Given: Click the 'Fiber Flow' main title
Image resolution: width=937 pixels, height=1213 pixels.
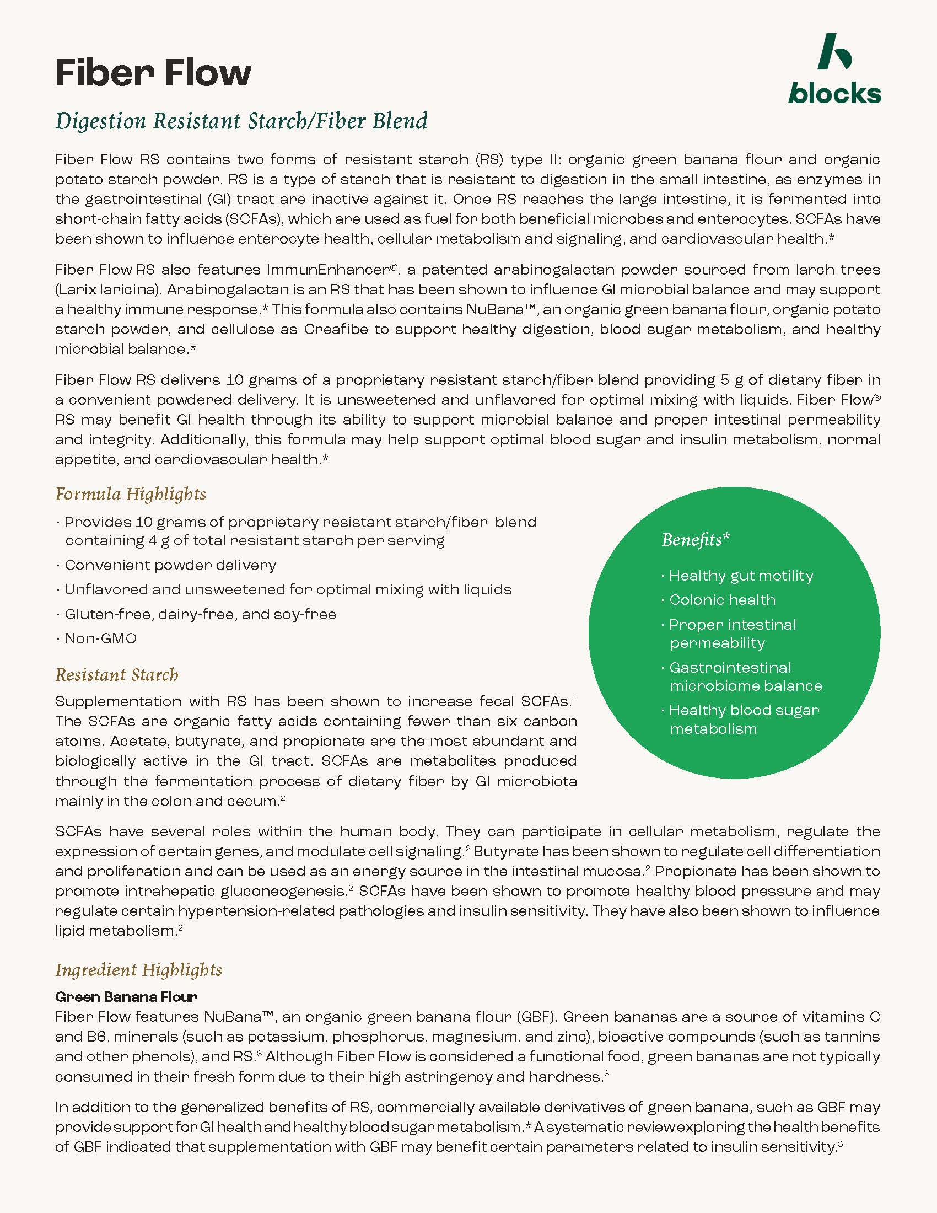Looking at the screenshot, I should tap(153, 73).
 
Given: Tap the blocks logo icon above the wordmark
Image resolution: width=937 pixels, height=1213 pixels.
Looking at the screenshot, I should tap(834, 51).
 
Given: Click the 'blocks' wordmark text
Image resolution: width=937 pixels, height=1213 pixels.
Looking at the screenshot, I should tap(834, 93).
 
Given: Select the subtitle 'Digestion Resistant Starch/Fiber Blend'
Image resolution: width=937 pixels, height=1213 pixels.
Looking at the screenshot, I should tap(241, 121).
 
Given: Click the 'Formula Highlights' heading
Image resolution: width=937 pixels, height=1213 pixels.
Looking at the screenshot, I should tap(131, 494).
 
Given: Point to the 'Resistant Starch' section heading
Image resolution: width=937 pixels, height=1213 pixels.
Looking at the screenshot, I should tap(116, 675).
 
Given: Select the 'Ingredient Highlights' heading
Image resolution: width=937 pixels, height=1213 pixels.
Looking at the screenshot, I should tap(139, 970).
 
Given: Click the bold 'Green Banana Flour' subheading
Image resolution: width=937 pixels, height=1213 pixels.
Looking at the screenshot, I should tap(126, 997).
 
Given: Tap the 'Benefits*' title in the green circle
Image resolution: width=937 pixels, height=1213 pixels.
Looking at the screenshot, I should tap(696, 539).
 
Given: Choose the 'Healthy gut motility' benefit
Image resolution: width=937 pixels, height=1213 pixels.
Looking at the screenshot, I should tap(740, 576).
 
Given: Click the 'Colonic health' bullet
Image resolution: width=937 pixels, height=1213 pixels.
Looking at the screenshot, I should tap(722, 600).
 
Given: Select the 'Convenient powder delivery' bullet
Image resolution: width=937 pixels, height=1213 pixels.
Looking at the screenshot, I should tap(170, 565).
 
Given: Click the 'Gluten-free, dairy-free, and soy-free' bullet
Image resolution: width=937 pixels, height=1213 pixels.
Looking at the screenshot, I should tap(201, 614).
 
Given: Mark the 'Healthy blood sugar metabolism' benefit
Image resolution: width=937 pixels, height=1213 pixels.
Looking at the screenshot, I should tap(744, 719).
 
